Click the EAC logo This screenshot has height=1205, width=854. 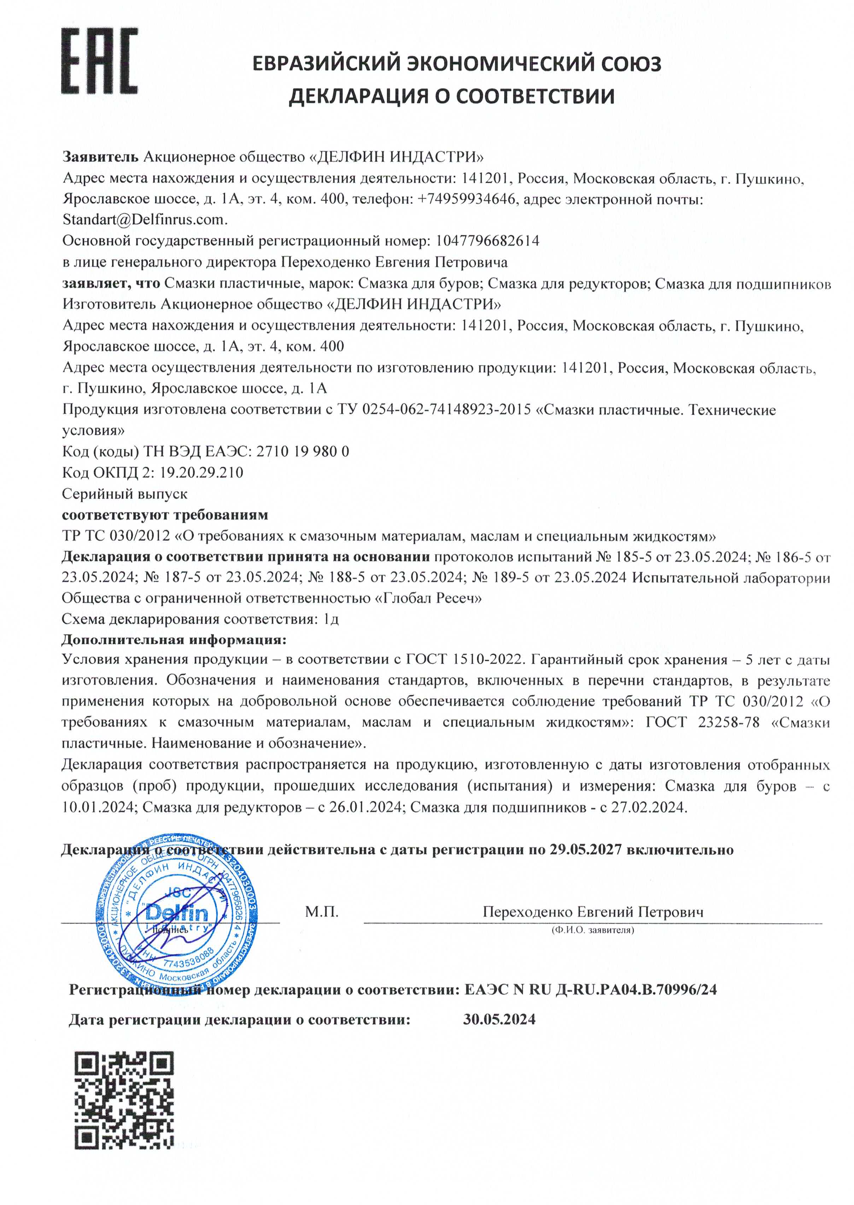tap(99, 62)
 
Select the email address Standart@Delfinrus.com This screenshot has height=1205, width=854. tap(145, 220)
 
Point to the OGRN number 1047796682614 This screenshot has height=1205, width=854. tap(487, 241)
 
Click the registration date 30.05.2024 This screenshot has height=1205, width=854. tap(499, 1019)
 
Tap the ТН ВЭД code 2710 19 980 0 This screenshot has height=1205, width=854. tap(302, 451)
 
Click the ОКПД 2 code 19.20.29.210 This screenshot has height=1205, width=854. tap(201, 472)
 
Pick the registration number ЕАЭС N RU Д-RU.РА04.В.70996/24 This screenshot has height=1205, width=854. tap(590, 989)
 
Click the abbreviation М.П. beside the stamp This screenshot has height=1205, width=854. tap(322, 912)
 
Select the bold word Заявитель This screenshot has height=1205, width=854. tap(100, 157)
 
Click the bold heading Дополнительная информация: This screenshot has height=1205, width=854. tap(174, 640)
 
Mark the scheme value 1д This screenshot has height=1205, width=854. tap(331, 619)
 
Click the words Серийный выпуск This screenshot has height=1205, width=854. tap(125, 494)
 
